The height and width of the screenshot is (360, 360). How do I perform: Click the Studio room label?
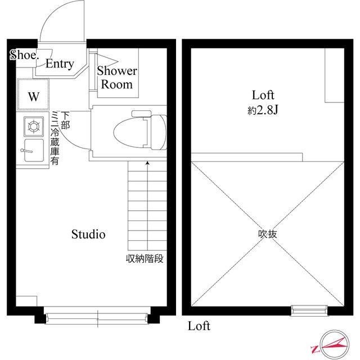click(x=88, y=235)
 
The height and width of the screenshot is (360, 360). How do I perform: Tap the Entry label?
click(x=60, y=64)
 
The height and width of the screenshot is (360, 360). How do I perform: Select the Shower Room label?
click(x=117, y=78)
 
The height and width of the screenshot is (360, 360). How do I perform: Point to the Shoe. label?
click(x=24, y=55)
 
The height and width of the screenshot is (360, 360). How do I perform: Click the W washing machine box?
click(x=33, y=96)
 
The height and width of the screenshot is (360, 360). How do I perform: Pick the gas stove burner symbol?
click(x=33, y=127)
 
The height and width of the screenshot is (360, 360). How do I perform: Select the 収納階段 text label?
click(x=144, y=259)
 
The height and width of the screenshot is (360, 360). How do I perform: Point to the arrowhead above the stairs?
click(x=147, y=164)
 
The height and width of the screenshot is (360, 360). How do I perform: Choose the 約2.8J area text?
click(x=263, y=111)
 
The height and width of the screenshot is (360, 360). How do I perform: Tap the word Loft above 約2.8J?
click(x=263, y=96)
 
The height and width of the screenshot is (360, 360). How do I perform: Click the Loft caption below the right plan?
click(x=199, y=326)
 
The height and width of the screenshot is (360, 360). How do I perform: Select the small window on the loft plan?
click(x=309, y=309)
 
